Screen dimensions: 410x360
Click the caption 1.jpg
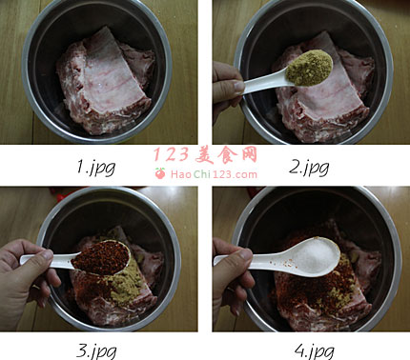(x=96, y=168)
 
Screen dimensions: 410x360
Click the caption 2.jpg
(x=309, y=168)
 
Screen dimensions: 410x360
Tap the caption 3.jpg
(x=96, y=351)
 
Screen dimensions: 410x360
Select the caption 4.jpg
(x=314, y=351)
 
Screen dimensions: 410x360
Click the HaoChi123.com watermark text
(x=214, y=174)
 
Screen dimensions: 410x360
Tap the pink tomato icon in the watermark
(x=160, y=173)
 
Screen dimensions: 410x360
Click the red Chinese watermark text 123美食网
(x=205, y=154)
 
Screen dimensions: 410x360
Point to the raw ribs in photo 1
(x=106, y=83)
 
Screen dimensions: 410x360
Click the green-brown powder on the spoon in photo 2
(x=309, y=68)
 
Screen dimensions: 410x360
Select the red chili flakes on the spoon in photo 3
(x=101, y=258)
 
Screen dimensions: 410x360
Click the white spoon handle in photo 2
(x=264, y=83)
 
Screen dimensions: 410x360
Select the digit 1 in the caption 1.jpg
(x=80, y=166)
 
